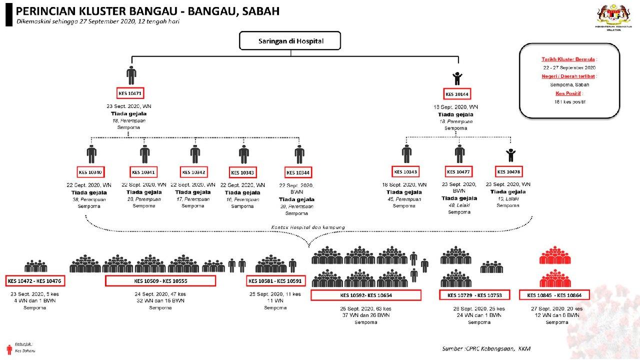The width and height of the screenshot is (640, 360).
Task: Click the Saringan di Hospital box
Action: click(x=290, y=41)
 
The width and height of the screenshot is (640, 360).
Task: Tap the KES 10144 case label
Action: click(x=457, y=94)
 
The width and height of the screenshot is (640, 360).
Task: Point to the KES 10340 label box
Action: click(x=91, y=172)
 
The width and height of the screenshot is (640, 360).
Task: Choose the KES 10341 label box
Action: click(x=143, y=172)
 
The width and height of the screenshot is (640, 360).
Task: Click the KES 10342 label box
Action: click(x=194, y=172)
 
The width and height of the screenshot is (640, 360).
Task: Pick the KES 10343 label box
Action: click(x=243, y=172)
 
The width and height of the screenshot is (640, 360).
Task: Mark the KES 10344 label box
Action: click(x=298, y=172)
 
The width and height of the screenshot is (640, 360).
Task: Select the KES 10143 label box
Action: click(x=405, y=172)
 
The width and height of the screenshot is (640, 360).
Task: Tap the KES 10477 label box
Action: click(x=459, y=172)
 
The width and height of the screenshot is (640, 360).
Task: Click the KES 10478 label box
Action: click(x=509, y=172)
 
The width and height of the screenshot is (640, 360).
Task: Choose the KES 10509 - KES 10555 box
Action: click(x=160, y=281)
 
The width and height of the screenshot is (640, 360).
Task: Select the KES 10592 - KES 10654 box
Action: click(x=365, y=295)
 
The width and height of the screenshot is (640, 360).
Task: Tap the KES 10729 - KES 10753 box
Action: click(x=474, y=295)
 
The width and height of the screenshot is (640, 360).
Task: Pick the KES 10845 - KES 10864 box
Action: click(x=554, y=295)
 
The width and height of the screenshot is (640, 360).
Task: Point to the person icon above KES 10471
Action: click(x=131, y=75)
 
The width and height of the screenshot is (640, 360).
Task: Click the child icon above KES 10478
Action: click(x=510, y=154)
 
